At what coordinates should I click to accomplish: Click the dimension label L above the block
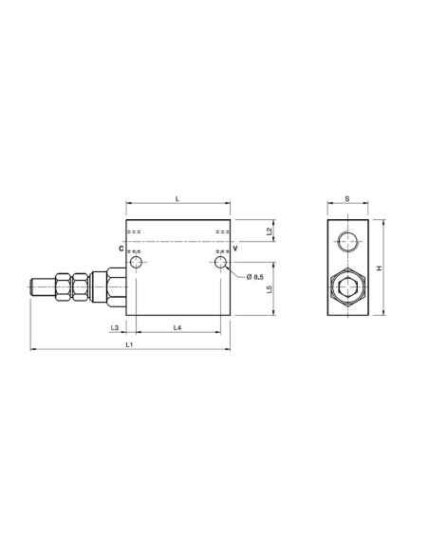(178, 196)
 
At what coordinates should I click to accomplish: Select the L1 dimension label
(130, 344)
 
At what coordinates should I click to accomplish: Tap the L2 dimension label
(270, 231)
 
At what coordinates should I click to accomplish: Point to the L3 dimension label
(116, 327)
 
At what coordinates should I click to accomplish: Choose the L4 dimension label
(177, 327)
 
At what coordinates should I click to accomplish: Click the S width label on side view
(347, 199)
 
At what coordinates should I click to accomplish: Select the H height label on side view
(380, 268)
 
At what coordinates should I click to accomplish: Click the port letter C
(121, 249)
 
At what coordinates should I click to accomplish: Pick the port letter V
(234, 249)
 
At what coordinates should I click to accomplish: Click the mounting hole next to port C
(137, 262)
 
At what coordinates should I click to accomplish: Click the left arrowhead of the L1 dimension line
(34, 351)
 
